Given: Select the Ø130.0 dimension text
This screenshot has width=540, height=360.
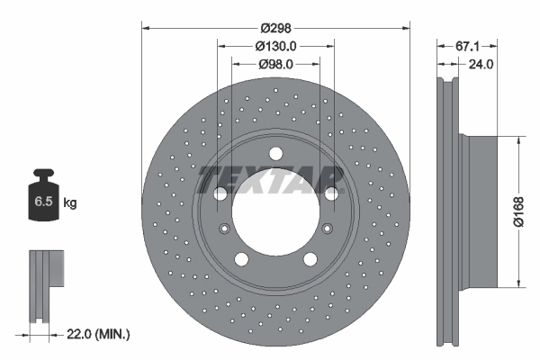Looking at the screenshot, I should (x=275, y=45).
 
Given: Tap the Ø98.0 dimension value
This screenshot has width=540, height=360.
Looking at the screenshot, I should (x=275, y=64).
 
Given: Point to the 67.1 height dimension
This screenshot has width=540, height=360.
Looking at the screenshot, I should (x=466, y=45).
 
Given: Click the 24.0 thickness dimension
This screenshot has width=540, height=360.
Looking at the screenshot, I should (x=481, y=64).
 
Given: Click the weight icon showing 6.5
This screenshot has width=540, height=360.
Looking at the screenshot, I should (x=42, y=201).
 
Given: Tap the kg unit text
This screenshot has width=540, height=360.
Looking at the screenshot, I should (x=70, y=203).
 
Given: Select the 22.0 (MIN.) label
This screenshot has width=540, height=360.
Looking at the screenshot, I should (x=100, y=334).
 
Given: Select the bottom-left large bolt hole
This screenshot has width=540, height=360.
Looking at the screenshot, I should (x=242, y=259).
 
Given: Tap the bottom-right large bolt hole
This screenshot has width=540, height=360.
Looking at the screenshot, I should (x=310, y=259).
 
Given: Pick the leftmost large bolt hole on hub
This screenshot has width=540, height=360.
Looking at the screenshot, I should (x=220, y=193).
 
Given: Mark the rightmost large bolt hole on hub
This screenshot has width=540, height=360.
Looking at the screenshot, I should (x=331, y=193).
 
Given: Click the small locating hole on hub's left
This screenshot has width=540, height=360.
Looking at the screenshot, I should (x=223, y=228).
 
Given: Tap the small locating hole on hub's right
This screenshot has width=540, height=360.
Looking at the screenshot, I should (x=328, y=228).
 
